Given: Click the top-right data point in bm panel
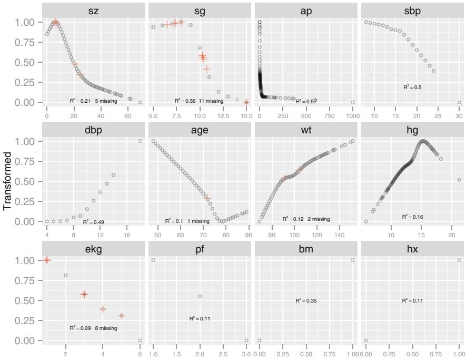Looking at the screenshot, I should [x=353, y=260].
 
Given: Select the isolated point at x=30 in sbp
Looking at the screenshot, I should [x=459, y=102].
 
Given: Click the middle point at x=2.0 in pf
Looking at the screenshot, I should [x=200, y=296].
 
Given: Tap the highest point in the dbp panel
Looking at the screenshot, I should [x=140, y=141].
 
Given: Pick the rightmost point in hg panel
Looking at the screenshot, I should [x=459, y=180].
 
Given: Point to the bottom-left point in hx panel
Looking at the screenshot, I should [x=366, y=340].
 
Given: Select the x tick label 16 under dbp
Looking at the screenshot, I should [x=127, y=235].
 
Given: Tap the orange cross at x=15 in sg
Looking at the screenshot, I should [x=246, y=102].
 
